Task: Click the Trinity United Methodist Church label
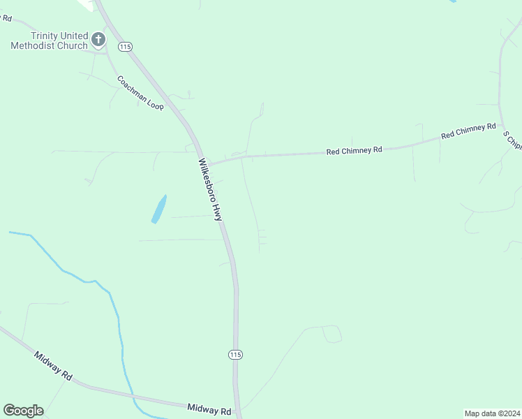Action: click(x=49, y=41)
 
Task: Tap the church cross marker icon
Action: click(x=98, y=39)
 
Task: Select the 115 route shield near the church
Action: click(x=125, y=46)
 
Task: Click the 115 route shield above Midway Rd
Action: click(x=235, y=355)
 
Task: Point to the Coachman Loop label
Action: click(x=140, y=93)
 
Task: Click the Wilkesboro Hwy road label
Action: click(x=210, y=190)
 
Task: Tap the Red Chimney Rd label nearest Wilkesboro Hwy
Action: click(x=355, y=150)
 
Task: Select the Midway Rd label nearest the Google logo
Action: click(x=53, y=365)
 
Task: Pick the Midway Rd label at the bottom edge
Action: click(x=209, y=409)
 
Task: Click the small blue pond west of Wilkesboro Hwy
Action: click(x=159, y=209)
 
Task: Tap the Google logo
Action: click(x=23, y=410)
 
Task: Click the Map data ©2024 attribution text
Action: click(x=492, y=413)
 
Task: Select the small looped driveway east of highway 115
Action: click(x=331, y=334)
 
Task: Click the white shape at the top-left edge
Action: click(x=86, y=4)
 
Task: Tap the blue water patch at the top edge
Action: click(x=453, y=1)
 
